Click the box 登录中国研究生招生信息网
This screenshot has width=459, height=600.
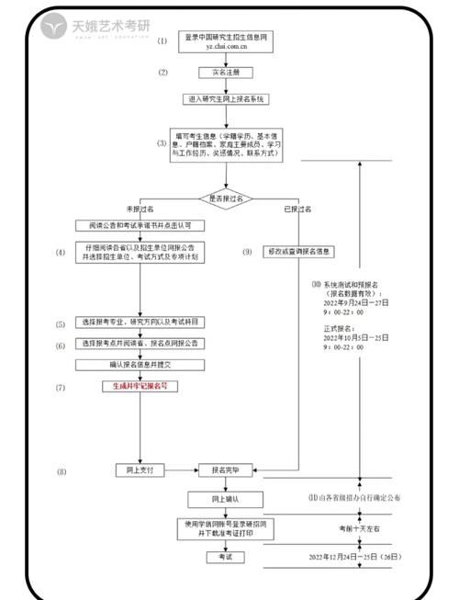pyautogui.click(x=225, y=41)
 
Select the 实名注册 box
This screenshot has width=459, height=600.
pyautogui.click(x=225, y=72)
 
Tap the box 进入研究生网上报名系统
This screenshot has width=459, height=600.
pyautogui.click(x=225, y=98)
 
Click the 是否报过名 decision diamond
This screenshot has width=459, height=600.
pyautogui.click(x=225, y=198)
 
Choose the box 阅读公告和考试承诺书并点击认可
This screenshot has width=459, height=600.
pyautogui.click(x=140, y=225)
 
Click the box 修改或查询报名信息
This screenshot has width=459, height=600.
pyautogui.click(x=300, y=251)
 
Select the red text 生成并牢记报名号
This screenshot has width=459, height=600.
pyautogui.click(x=140, y=387)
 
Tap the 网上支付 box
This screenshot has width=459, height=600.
pyautogui.click(x=140, y=470)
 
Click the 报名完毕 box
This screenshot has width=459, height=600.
pyautogui.click(x=225, y=470)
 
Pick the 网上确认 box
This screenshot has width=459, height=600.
pyautogui.click(x=225, y=499)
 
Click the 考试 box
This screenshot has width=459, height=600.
pyautogui.click(x=225, y=557)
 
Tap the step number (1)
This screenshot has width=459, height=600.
pyautogui.click(x=162, y=41)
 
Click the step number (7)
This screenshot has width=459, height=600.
pyautogui.click(x=61, y=387)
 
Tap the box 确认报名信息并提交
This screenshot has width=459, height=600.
pyautogui.click(x=140, y=364)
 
